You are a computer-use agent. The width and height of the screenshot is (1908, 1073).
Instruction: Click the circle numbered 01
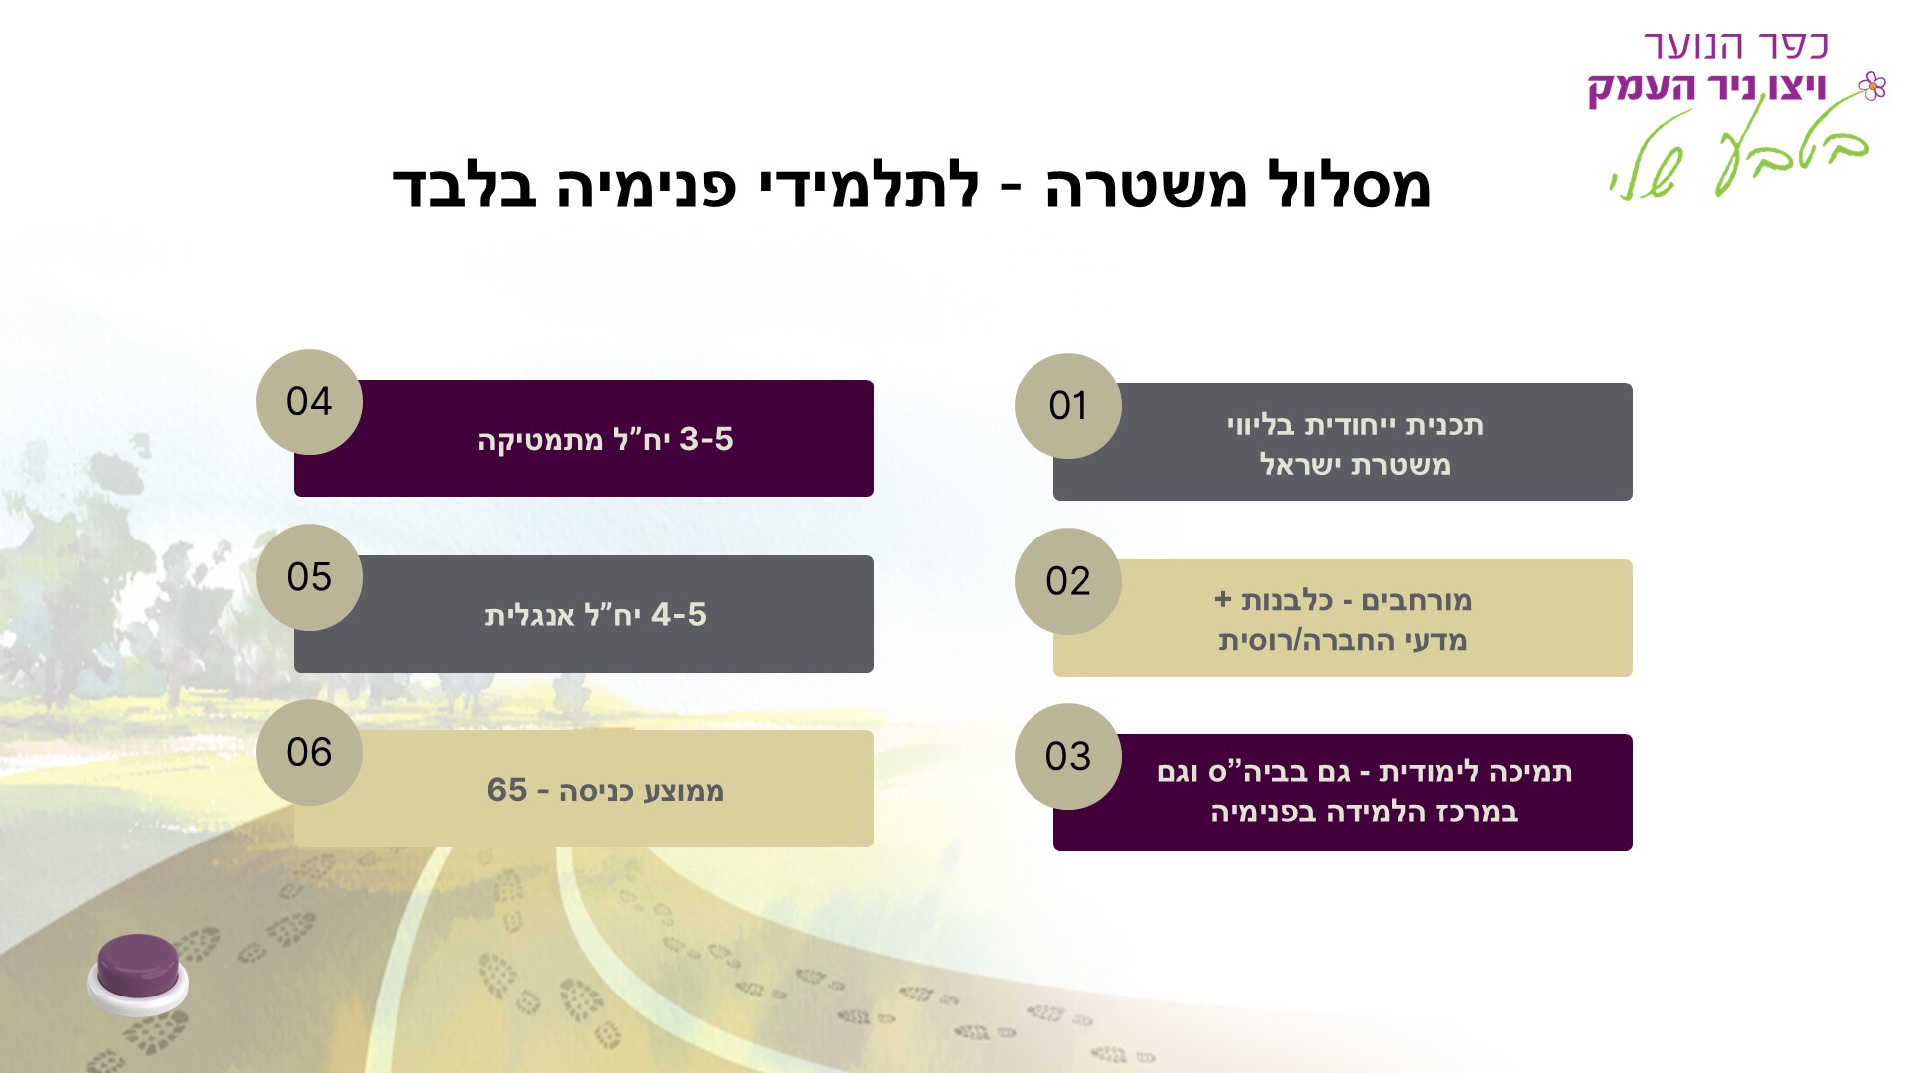pos(1068,405)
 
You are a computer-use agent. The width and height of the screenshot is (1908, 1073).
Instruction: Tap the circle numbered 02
pos(1068,581)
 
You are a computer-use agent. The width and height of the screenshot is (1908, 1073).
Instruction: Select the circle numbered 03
pos(1068,757)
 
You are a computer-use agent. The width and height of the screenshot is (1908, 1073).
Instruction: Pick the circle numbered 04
pos(309,401)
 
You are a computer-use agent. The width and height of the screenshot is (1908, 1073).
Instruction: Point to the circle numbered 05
pos(309,577)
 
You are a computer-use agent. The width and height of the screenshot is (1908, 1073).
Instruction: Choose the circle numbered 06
pos(309,752)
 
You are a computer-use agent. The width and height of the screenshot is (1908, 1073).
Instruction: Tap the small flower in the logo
pos(1872,86)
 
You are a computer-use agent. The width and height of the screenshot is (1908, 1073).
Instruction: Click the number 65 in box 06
pos(507,790)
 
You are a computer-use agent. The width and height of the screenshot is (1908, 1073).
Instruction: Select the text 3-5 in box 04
pos(707,439)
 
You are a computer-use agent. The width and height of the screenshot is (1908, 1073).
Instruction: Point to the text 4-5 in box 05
pos(679,614)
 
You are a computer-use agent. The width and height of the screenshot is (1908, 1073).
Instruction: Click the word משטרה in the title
pos(1146,186)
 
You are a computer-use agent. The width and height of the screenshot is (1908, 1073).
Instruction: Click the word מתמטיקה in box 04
pos(541,440)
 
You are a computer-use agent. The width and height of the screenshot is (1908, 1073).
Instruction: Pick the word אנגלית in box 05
pos(530,615)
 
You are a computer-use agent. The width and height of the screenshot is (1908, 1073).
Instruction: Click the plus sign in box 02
pos(1223,600)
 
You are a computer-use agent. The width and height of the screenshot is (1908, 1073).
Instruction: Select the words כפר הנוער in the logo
pos(1736,46)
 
